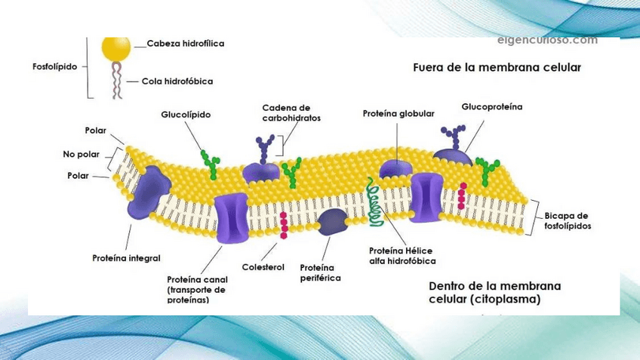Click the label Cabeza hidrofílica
click(x=185, y=44)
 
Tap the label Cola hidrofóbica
click(x=177, y=81)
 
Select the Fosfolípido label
click(x=54, y=66)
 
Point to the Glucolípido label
click(x=186, y=115)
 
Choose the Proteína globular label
click(x=398, y=113)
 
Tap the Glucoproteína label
click(x=492, y=107)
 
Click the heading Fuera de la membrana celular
click(x=497, y=67)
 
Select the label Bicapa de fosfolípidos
click(x=568, y=220)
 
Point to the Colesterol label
click(x=263, y=267)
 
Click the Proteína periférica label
click(x=320, y=272)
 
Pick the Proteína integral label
click(x=126, y=257)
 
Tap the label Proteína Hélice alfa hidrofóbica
click(x=402, y=256)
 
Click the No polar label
click(x=81, y=155)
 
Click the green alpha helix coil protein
click(x=374, y=200)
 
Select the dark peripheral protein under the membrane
click(x=332, y=220)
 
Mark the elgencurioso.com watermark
click(x=547, y=40)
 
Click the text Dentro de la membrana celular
click(x=494, y=292)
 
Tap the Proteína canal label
click(x=197, y=289)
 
